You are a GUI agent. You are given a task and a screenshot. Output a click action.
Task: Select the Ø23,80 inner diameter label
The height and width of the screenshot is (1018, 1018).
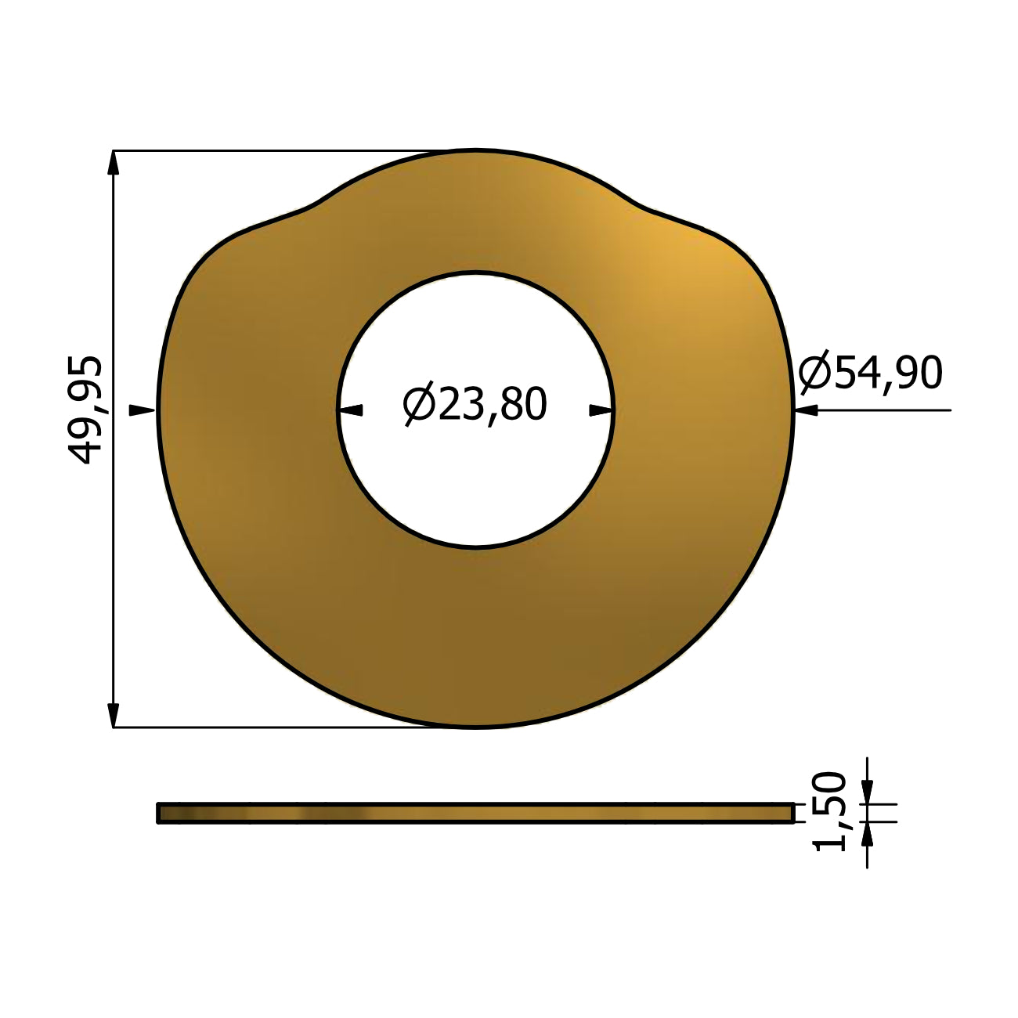click(x=475, y=403)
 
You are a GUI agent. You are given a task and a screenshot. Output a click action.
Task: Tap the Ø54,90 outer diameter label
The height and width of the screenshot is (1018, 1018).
click(x=870, y=372)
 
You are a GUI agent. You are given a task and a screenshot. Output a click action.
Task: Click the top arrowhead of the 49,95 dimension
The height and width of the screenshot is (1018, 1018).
click(x=113, y=163)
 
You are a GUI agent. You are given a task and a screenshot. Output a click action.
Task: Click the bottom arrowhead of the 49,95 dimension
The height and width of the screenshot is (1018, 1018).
click(x=113, y=715)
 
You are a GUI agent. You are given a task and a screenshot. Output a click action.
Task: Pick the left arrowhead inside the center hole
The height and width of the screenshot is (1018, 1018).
click(x=351, y=410)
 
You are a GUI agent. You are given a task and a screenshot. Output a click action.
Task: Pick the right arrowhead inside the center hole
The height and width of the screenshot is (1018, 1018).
click(x=601, y=410)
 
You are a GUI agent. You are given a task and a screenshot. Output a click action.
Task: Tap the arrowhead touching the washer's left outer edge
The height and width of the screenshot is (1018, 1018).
click(x=142, y=410)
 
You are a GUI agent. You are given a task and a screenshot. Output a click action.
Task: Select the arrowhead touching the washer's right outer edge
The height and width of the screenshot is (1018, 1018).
click(x=807, y=410)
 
